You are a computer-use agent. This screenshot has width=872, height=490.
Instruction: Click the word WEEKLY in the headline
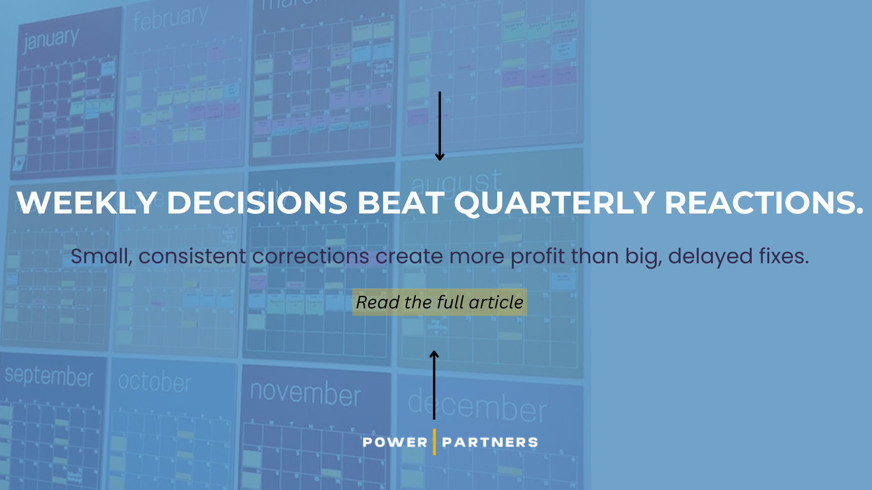(x=86, y=203)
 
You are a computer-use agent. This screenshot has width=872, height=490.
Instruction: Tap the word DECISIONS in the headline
(x=257, y=203)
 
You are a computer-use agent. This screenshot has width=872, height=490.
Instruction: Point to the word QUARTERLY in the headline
(x=554, y=203)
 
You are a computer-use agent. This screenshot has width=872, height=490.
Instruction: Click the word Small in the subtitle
(x=100, y=256)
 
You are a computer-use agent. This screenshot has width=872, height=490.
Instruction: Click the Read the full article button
(x=440, y=302)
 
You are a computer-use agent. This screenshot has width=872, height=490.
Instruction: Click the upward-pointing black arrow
(x=434, y=385)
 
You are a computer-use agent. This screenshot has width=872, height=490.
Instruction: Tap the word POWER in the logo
(x=395, y=442)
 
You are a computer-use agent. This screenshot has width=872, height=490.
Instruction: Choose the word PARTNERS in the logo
(x=490, y=442)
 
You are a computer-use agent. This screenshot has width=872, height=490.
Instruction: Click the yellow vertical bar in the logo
(x=434, y=442)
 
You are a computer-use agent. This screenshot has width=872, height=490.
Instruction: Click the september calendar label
(x=49, y=376)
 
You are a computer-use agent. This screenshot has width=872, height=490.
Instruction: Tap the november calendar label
(x=306, y=394)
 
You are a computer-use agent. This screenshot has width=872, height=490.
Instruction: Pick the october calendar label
(x=155, y=382)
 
